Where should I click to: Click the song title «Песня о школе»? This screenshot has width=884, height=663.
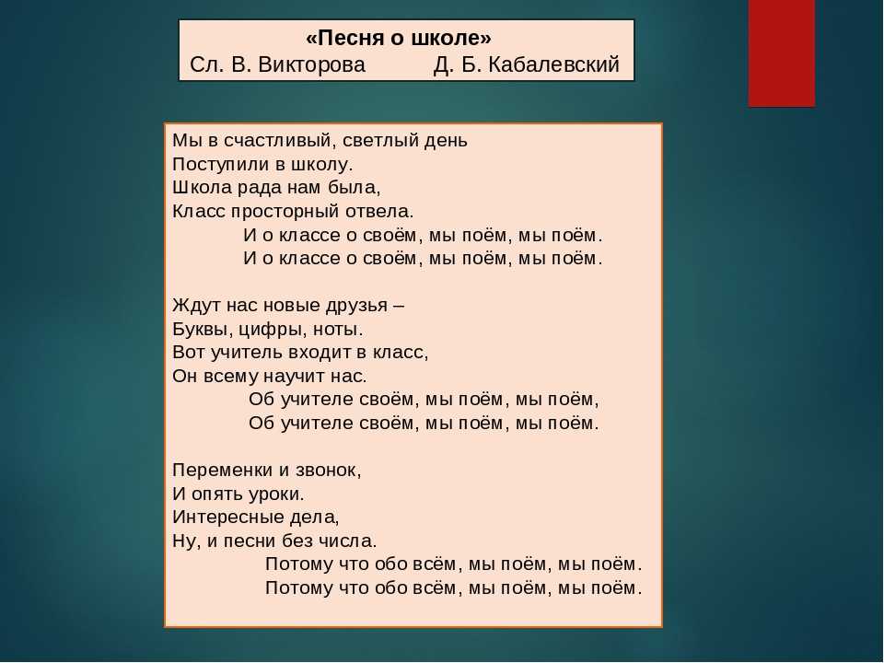pyautogui.click(x=399, y=38)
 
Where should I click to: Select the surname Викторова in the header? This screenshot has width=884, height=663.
pyautogui.click(x=312, y=64)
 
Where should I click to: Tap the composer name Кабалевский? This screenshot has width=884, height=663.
pyautogui.click(x=553, y=64)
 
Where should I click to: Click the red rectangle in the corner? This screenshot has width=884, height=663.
pyautogui.click(x=782, y=53)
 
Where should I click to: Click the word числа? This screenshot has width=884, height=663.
pyautogui.click(x=347, y=541)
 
